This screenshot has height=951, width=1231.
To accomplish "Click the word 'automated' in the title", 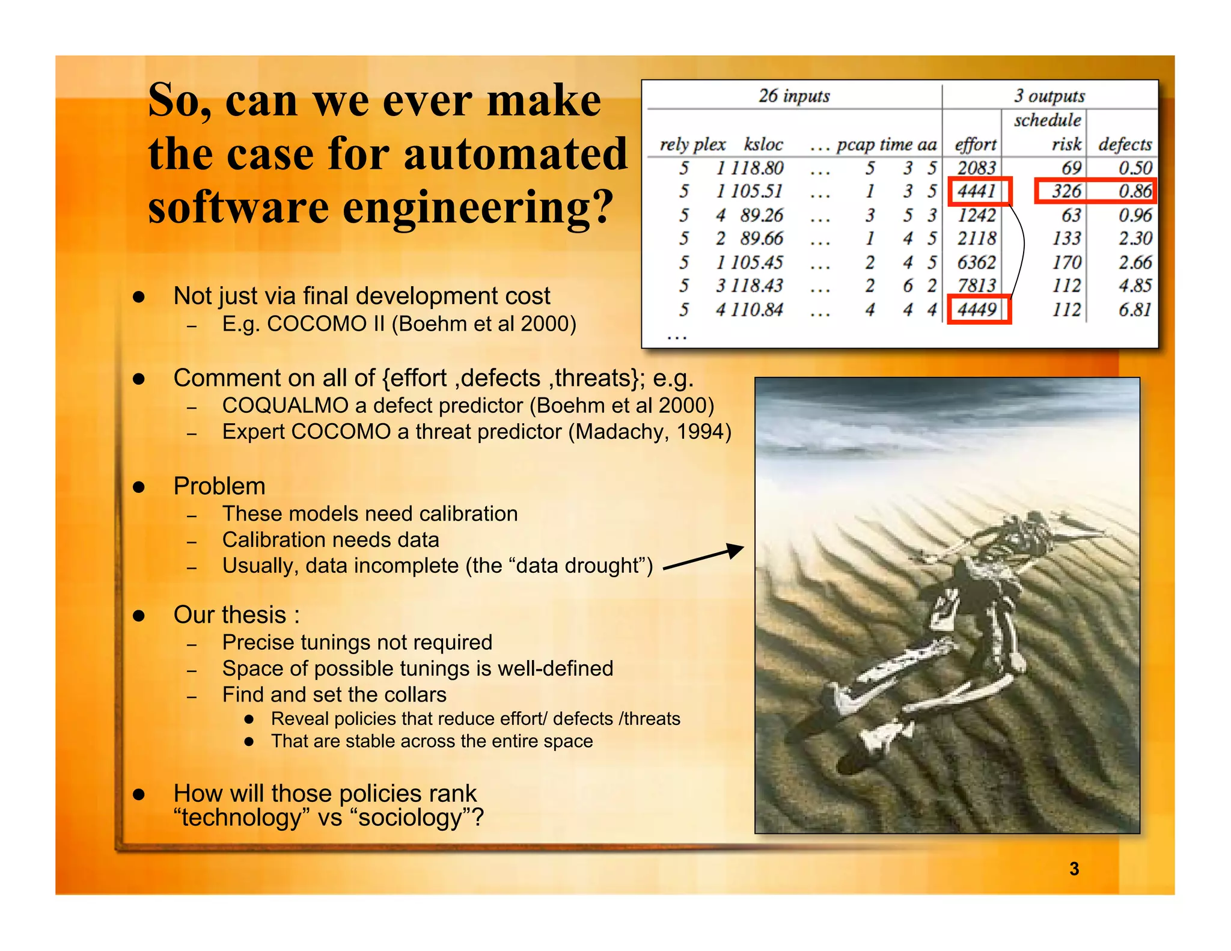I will (515, 154).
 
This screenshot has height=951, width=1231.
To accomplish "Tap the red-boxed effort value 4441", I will (977, 191).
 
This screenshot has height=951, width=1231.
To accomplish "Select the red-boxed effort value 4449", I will (977, 310).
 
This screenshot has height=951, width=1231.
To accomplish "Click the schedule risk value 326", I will (1066, 191).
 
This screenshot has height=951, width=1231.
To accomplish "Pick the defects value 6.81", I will (1134, 310).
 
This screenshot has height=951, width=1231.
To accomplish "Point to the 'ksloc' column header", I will (763, 144).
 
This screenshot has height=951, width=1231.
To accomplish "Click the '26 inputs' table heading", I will (793, 96).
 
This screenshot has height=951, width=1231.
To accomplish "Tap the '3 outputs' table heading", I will (1049, 96).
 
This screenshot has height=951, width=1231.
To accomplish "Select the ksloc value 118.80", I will (757, 168).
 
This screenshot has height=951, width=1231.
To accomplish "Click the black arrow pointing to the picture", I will (703, 558).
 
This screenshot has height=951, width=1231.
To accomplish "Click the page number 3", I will (1074, 869).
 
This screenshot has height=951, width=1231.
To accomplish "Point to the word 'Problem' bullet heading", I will (219, 486).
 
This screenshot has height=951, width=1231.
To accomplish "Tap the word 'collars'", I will (415, 695).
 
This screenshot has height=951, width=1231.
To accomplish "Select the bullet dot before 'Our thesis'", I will (139, 616).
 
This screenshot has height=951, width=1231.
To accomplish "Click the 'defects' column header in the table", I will (1124, 144).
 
